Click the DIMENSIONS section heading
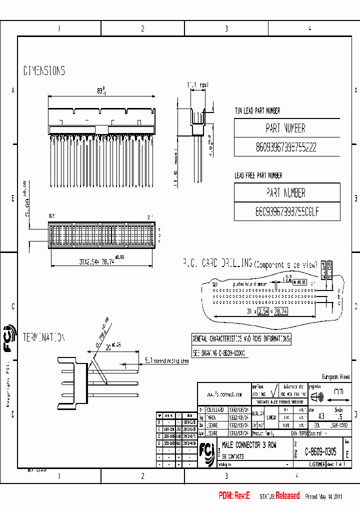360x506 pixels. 44,71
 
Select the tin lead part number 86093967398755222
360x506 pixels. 286,147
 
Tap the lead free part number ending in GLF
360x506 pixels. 286,212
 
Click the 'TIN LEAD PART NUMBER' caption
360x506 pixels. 257,111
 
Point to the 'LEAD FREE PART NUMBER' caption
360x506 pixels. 258,175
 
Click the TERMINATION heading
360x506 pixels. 44,337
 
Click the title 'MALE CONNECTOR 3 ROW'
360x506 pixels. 248,445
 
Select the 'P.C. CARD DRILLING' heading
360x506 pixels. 217,262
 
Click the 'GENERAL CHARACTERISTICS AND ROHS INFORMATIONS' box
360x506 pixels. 241,338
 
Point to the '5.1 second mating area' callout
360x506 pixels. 166,360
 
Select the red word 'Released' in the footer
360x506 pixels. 287,496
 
